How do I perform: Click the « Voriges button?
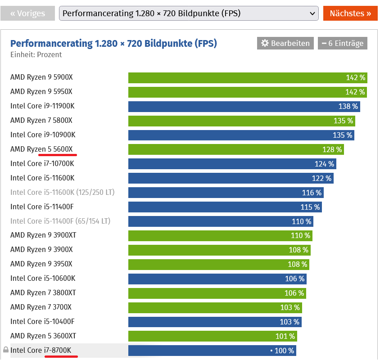27,13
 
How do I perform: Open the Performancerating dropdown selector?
189,13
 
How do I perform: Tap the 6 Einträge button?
342,43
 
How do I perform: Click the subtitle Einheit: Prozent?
36,54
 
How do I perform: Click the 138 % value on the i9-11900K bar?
348,106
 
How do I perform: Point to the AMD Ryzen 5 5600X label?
41,149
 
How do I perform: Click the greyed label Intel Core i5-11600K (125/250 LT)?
62,192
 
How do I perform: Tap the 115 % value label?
310,207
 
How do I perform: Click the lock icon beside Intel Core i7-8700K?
6,350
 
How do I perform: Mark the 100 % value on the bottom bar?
284,350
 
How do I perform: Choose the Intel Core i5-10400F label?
42,321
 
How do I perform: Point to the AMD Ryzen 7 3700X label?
41,307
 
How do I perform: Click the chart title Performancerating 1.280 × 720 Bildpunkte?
113,43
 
